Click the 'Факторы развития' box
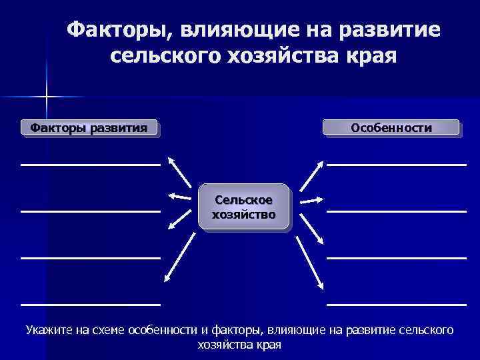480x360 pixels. (91, 127)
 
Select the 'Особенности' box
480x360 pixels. (391, 127)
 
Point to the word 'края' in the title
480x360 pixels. (365, 56)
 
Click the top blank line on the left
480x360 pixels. (91, 163)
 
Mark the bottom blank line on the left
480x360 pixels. (91, 304)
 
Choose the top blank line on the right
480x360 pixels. (396, 163)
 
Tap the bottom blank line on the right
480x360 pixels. (396, 304)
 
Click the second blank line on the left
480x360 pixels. (91, 211)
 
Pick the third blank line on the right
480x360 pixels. (396, 257)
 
